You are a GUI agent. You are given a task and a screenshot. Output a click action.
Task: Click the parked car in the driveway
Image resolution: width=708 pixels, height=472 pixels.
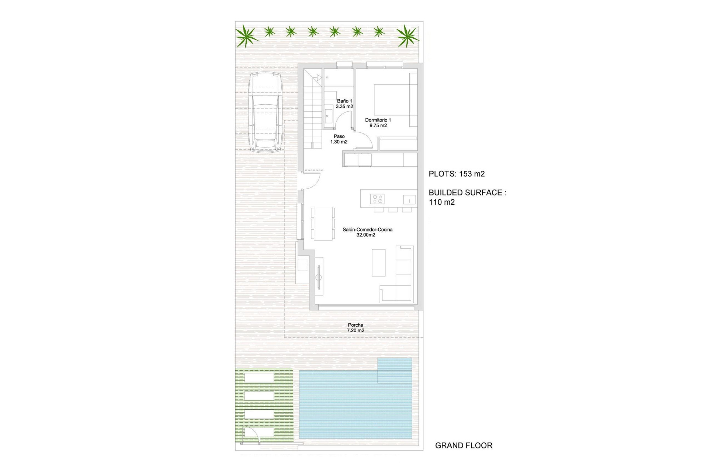click(x=264, y=112)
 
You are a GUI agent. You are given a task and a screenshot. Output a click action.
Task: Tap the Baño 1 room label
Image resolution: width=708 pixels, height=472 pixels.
click(x=344, y=104)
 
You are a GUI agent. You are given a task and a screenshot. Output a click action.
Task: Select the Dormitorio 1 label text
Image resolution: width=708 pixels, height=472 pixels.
click(x=378, y=120)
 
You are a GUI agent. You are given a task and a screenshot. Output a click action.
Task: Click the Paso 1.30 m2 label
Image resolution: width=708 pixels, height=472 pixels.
click(x=339, y=139)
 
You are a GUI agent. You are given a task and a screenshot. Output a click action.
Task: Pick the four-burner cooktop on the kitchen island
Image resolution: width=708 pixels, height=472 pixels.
click(x=377, y=199)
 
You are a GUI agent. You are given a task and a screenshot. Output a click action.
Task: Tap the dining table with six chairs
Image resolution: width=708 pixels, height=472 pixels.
click(x=323, y=223)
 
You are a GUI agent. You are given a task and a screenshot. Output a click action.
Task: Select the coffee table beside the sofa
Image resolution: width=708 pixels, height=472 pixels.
click(x=378, y=263)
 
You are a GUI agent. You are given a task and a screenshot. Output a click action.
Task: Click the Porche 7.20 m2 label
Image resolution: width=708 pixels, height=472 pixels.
click(x=355, y=328)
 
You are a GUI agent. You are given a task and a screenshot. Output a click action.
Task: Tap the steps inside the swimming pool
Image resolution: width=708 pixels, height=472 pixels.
click(x=395, y=370)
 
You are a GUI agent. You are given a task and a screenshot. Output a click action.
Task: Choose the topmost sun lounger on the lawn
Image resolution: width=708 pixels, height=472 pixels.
click(x=259, y=378)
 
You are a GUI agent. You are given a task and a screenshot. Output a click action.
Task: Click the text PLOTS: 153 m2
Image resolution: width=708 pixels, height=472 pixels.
click(x=457, y=174)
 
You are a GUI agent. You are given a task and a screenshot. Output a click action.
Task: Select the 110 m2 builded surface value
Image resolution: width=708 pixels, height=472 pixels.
click(x=442, y=202)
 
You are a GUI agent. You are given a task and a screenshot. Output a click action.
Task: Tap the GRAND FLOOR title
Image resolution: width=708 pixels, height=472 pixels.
click(x=464, y=445)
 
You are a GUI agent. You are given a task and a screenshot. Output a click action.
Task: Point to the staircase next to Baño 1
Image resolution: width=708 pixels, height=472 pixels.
click(x=313, y=111)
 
